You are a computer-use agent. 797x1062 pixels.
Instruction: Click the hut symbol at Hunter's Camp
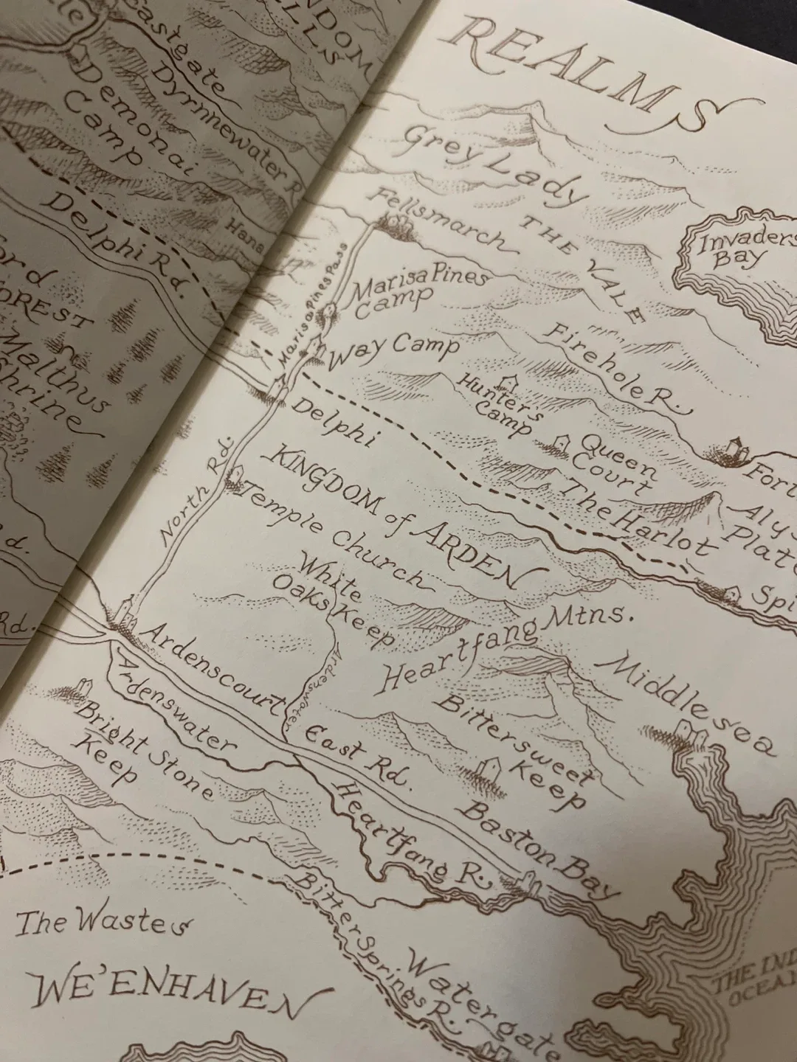pyautogui.click(x=508, y=381)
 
